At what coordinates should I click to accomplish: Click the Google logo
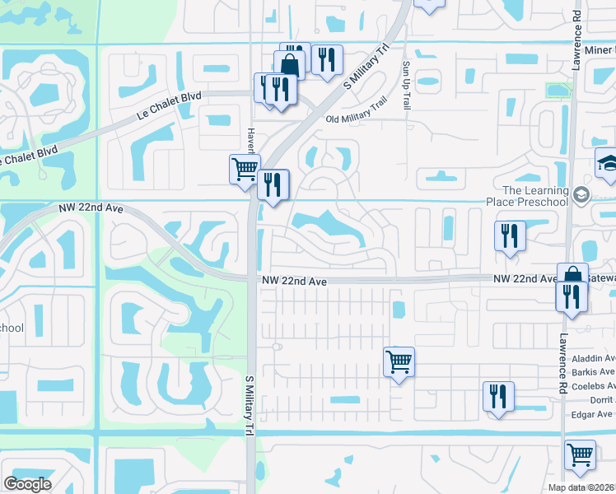(x=27, y=484)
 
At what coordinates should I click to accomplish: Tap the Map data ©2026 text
(x=581, y=487)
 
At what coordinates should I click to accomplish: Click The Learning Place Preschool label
(x=535, y=196)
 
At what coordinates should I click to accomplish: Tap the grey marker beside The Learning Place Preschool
(x=582, y=195)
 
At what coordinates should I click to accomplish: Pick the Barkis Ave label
(x=594, y=371)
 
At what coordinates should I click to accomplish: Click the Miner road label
(x=599, y=50)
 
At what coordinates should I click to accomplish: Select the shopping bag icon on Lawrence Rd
(x=572, y=277)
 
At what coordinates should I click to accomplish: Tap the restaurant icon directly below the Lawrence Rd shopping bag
(x=572, y=296)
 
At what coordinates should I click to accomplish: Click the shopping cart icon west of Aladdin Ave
(x=399, y=361)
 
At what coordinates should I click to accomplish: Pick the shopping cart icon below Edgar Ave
(x=581, y=454)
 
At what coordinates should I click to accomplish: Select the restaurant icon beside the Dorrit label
(x=498, y=395)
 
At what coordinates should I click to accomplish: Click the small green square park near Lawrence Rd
(x=557, y=89)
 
